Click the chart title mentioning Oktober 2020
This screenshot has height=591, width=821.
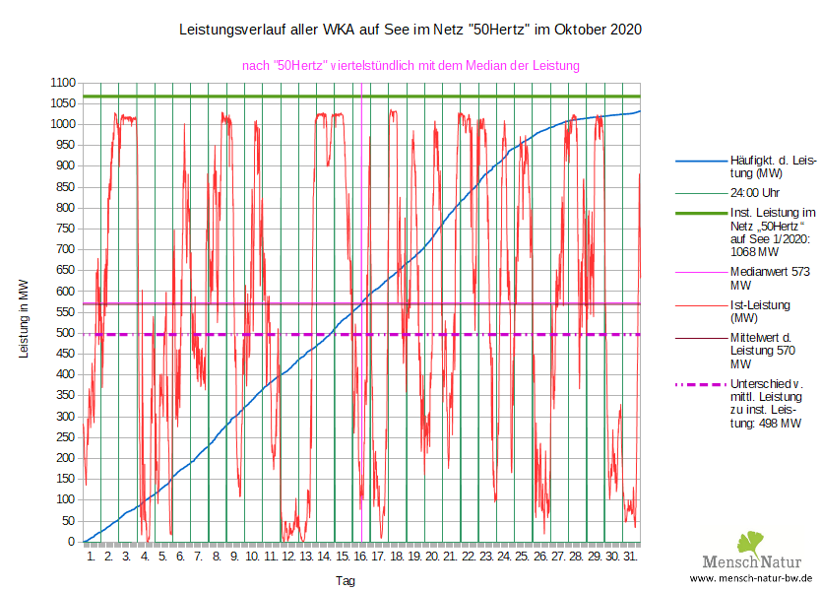click(410, 30)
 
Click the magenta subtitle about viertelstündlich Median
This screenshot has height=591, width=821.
click(410, 66)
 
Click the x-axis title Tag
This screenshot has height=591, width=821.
click(345, 581)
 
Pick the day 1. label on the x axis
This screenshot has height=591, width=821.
click(91, 557)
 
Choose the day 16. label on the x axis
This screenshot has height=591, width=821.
click(360, 557)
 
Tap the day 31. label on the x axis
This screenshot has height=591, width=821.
click(630, 557)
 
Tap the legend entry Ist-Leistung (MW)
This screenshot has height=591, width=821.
click(759, 311)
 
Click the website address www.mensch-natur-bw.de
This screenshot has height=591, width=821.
click(751, 578)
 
